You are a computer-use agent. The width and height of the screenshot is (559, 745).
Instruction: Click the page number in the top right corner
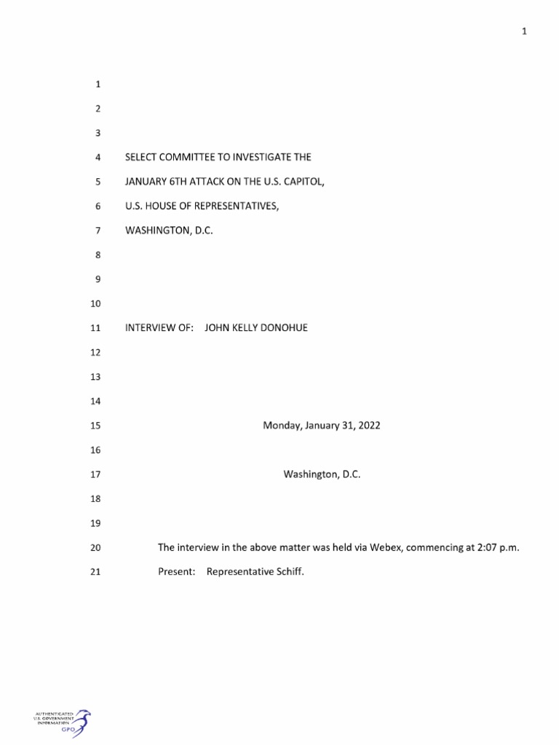pyautogui.click(x=524, y=31)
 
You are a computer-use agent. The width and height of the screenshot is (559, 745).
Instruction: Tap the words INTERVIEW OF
pyautogui.click(x=159, y=328)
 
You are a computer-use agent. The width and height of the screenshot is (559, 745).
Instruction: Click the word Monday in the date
pyautogui.click(x=279, y=426)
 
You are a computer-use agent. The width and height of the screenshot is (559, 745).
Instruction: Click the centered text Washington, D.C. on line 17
pyautogui.click(x=322, y=474)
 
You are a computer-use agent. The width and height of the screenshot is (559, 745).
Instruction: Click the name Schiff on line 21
pyautogui.click(x=290, y=572)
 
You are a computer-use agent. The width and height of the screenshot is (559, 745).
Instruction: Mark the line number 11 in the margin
pyautogui.click(x=94, y=328)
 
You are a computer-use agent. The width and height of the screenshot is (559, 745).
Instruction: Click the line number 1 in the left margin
pyautogui.click(x=98, y=84)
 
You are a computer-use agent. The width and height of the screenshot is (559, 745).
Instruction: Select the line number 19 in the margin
pyautogui.click(x=94, y=523)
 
